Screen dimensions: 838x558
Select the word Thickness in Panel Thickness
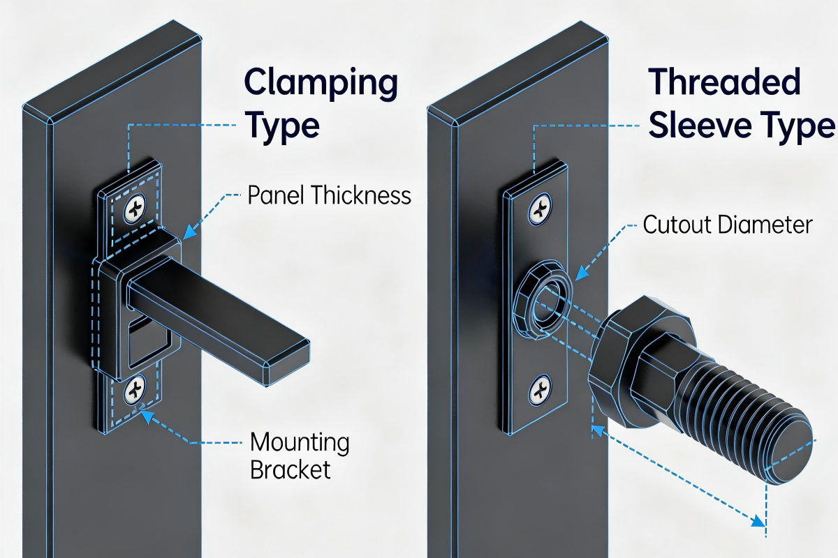point(360,195)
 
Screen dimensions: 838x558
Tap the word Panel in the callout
point(276,195)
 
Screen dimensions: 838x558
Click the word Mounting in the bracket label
point(300,444)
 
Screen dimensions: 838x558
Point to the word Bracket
point(291,470)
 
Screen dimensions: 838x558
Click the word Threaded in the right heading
point(724,82)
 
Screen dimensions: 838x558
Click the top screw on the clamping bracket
point(135,209)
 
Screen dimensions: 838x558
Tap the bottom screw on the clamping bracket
point(134,390)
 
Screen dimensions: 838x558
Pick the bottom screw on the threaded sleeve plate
point(540,390)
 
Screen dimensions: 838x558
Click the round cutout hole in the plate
point(547,300)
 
